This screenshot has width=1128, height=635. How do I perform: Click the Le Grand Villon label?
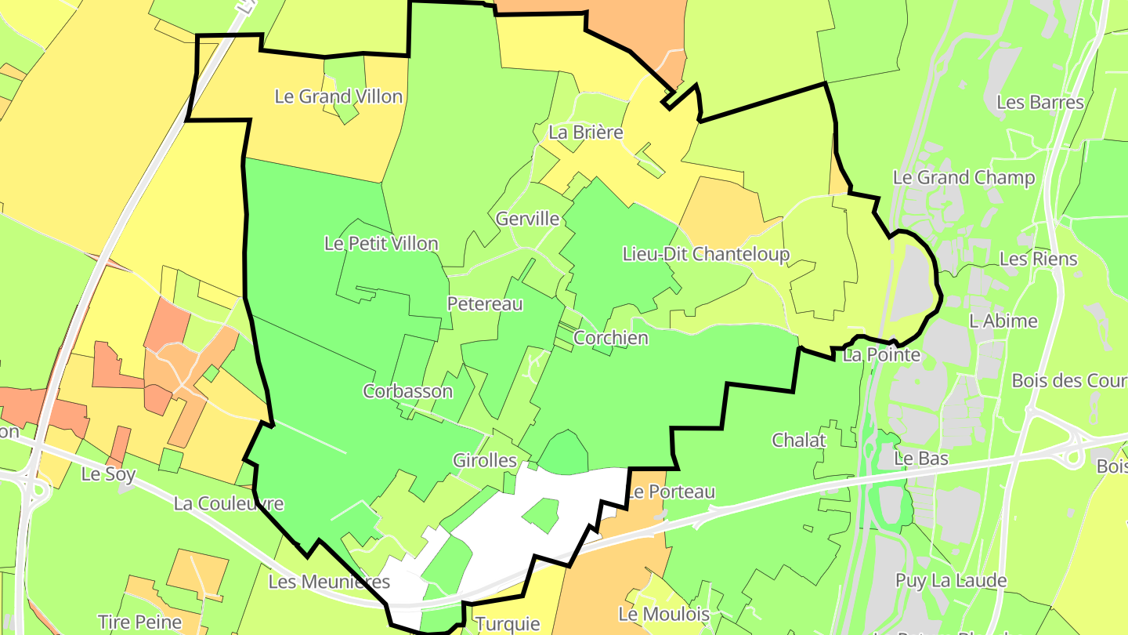pyautogui.click(x=338, y=96)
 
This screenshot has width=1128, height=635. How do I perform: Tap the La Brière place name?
pyautogui.click(x=586, y=132)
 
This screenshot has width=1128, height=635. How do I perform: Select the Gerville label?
pyautogui.click(x=528, y=218)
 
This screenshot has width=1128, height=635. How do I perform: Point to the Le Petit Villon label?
pyautogui.click(x=381, y=243)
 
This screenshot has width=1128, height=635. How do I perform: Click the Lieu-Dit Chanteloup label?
pyautogui.click(x=706, y=254)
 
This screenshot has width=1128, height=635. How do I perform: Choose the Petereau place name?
pyautogui.click(x=485, y=303)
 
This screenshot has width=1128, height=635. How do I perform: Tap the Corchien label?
pyautogui.click(x=611, y=338)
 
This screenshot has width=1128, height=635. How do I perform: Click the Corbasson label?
pyautogui.click(x=407, y=390)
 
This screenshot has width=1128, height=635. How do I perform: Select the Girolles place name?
pyautogui.click(x=485, y=460)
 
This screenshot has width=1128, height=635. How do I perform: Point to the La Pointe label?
pyautogui.click(x=881, y=355)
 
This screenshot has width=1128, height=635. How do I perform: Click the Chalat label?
pyautogui.click(x=799, y=440)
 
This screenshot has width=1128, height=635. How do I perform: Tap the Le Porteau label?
pyautogui.click(x=671, y=492)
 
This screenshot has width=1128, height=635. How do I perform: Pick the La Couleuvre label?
pyautogui.click(x=229, y=503)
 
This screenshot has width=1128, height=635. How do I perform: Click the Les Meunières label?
pyautogui.click(x=329, y=582)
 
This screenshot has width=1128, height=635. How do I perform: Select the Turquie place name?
pyautogui.click(x=508, y=624)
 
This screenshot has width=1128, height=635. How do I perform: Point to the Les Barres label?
pyautogui.click(x=1040, y=102)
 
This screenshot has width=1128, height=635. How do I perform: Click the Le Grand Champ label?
pyautogui.click(x=963, y=177)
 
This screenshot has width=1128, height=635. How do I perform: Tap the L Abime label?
pyautogui.click(x=1003, y=321)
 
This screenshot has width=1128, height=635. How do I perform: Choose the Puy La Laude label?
pyautogui.click(x=951, y=581)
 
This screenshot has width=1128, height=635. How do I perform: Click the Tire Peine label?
pyautogui.click(x=140, y=622)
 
